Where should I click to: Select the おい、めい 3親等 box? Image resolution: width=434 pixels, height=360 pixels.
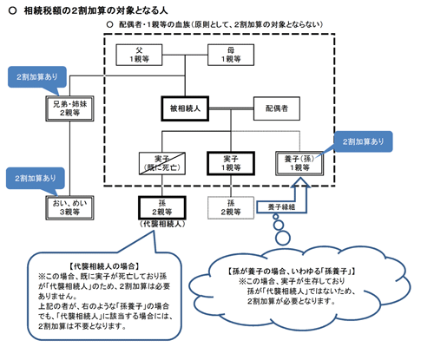tap(60, 206)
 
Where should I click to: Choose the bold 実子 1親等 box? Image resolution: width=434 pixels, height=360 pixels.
tap(231, 162)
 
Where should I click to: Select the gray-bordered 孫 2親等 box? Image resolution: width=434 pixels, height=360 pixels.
tap(231, 206)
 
